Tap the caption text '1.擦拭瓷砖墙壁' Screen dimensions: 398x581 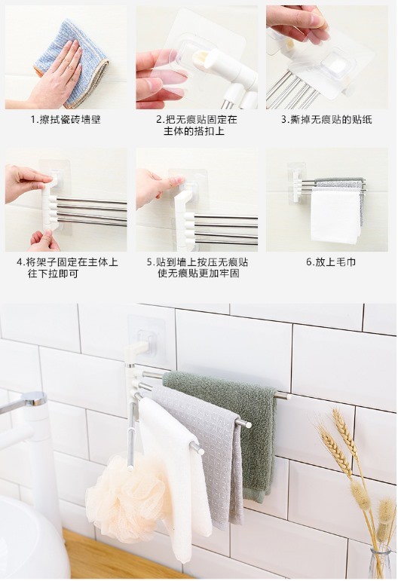pyautogui.click(x=66, y=120)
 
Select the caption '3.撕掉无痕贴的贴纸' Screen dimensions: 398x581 pyautogui.click(x=326, y=120)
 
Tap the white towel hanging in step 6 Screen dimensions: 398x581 pyautogui.click(x=335, y=216)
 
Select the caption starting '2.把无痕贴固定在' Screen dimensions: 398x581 pyautogui.click(x=197, y=125)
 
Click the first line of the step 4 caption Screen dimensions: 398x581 pyautogui.click(x=67, y=262)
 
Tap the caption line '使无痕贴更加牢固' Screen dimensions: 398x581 pyautogui.click(x=198, y=274)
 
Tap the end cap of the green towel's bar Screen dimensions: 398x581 pyautogui.click(x=287, y=396)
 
